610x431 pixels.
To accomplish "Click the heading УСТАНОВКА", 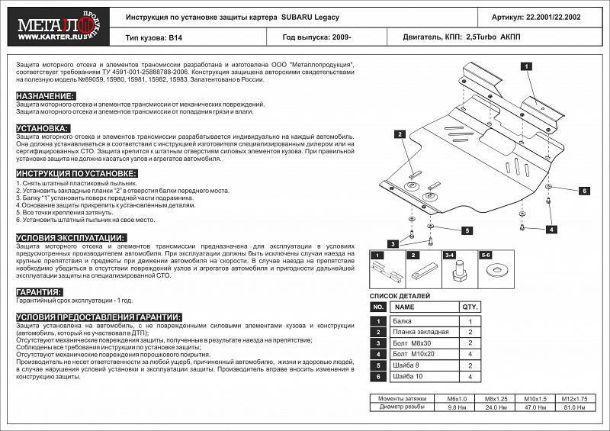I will (43, 128).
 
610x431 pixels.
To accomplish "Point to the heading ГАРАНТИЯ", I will (38, 292).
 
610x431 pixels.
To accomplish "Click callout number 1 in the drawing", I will (525, 68).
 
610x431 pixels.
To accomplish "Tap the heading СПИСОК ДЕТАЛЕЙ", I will (400, 295).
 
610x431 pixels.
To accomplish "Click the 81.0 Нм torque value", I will (570, 407).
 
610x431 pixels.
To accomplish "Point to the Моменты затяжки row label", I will (408, 399).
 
